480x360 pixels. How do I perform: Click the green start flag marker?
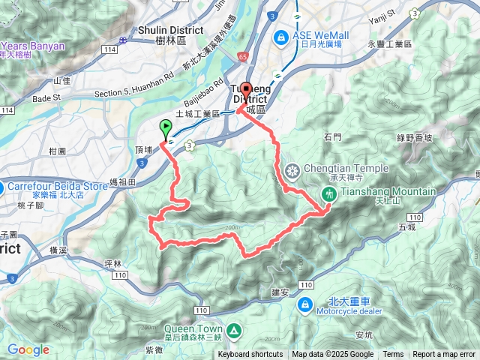click(165, 128)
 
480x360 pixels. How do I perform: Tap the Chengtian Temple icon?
click(292, 170)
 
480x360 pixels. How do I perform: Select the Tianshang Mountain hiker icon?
click(328, 193)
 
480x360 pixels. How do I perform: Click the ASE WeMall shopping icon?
click(280, 35)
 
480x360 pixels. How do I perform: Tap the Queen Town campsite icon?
click(234, 330)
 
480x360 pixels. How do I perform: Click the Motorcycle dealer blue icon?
click(306, 304)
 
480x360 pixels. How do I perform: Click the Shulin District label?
click(170, 30)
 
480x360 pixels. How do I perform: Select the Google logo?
click(28, 349)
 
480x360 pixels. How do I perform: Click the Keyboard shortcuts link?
click(250, 355)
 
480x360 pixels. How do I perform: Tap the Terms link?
click(393, 355)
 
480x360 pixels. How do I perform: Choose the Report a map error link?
click(444, 355)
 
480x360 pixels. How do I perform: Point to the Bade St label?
click(46, 97)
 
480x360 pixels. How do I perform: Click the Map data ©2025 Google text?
click(333, 355)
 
